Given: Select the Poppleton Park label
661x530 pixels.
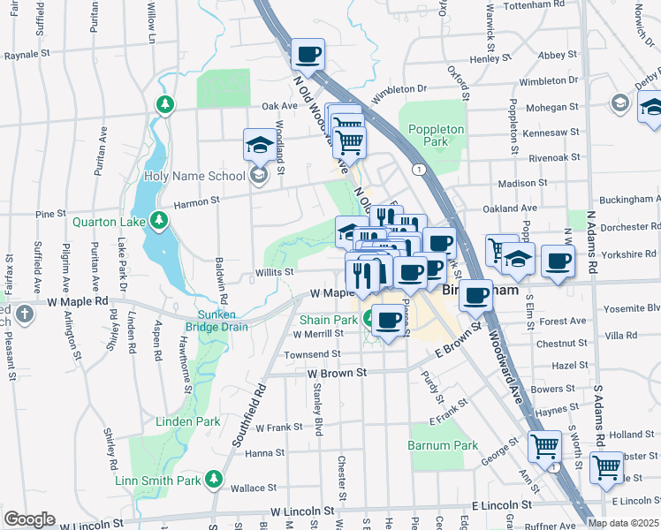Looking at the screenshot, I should (436, 135).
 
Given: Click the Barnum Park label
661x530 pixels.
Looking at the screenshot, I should (443, 445).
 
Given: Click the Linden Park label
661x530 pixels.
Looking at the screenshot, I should (187, 421).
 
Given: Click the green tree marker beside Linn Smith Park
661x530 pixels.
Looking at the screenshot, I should (214, 479).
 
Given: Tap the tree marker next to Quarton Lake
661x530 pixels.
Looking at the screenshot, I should (158, 220).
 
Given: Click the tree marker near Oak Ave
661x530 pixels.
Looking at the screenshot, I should (164, 105).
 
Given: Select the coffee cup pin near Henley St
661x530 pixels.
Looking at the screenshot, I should (308, 55).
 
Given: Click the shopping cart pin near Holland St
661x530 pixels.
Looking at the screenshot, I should (544, 446).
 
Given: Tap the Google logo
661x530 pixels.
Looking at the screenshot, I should (29, 519).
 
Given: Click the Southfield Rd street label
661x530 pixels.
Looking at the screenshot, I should (247, 421).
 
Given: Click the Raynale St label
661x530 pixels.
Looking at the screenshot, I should (27, 55).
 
